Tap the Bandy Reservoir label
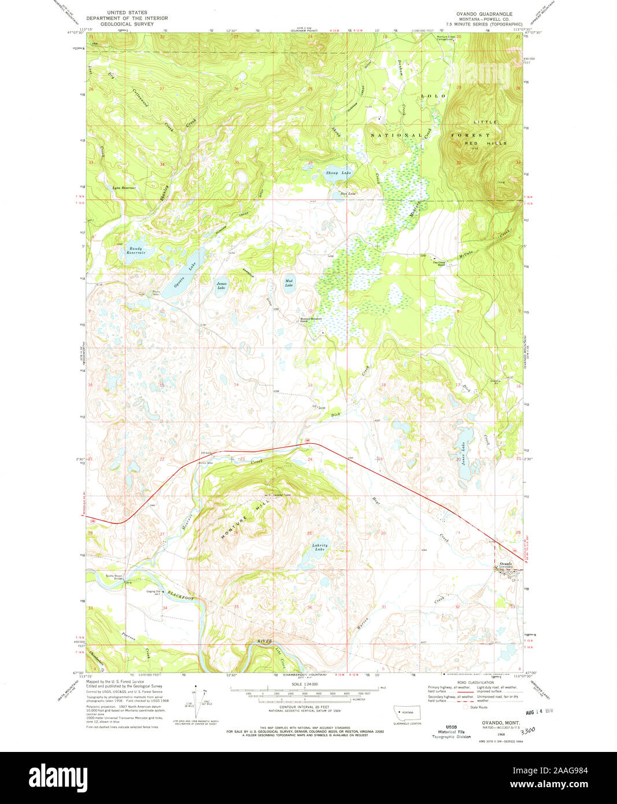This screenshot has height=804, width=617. click(x=136, y=251)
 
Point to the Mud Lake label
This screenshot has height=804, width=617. click(x=289, y=283)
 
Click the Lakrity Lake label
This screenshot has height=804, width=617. click(x=320, y=547)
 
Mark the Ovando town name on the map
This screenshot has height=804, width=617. click(x=505, y=563)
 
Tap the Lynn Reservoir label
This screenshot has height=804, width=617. click(x=124, y=188)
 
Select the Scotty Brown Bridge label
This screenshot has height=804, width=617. click(x=115, y=577)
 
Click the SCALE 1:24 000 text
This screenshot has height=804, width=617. click(x=305, y=684)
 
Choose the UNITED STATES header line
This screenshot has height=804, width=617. click(x=127, y=12)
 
